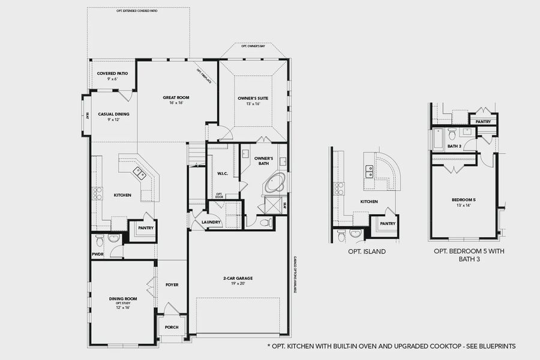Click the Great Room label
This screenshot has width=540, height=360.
pyautogui.click(x=176, y=97)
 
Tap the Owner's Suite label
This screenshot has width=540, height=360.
pyautogui.click(x=253, y=97)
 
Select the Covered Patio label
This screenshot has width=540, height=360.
pyautogui.click(x=112, y=73)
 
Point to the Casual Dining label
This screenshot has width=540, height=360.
pyautogui.click(x=114, y=114)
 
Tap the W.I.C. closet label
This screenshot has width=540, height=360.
pyautogui.click(x=221, y=174)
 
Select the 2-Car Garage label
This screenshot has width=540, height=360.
pyautogui.click(x=238, y=278)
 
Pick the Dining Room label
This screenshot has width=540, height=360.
pyautogui.click(x=123, y=299)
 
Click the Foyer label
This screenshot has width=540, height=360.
pyautogui.click(x=172, y=284)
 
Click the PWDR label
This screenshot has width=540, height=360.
pyautogui.click(x=99, y=254)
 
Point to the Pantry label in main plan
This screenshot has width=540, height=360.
pyautogui.click(x=146, y=228)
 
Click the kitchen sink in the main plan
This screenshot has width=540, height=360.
pyautogui.click(x=139, y=174)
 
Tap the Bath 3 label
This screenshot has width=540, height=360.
pyautogui.click(x=455, y=146)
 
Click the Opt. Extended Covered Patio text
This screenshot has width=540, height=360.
pyautogui.click(x=138, y=11)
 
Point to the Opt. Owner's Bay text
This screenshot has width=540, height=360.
pyautogui.click(x=253, y=46)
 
